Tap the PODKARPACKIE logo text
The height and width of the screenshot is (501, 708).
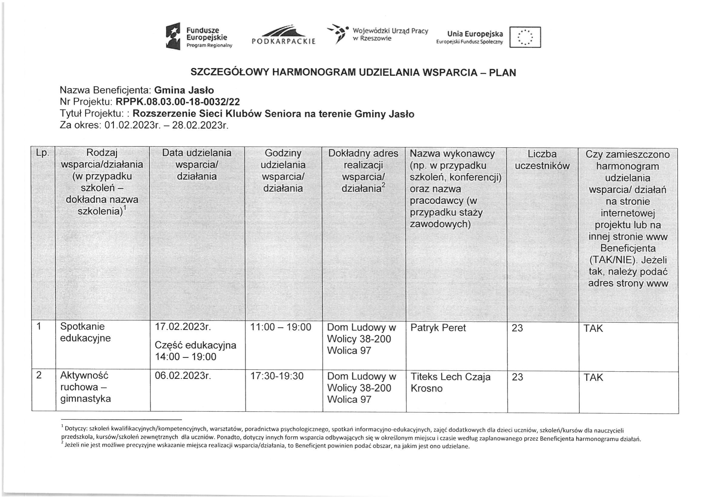click(284, 41)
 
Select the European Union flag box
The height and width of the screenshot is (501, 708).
click(525, 37)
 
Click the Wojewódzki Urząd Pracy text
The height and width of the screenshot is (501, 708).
click(390, 35)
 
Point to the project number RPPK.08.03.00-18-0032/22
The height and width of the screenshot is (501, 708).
click(178, 102)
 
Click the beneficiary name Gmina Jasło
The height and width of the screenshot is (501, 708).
click(184, 90)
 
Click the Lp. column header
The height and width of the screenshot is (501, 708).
click(43, 153)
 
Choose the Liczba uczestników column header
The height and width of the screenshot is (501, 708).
click(542, 160)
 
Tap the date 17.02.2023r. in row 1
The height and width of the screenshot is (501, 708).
click(183, 327)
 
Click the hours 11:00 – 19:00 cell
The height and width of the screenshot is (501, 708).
click(281, 327)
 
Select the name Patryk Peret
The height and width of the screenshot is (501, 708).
click(438, 328)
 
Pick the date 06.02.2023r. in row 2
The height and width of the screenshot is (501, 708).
click(183, 376)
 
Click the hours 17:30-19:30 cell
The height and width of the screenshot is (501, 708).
click(277, 376)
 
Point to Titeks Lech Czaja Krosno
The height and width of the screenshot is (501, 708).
click(450, 382)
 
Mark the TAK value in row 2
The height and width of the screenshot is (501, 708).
click(593, 377)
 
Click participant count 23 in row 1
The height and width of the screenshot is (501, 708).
click(517, 328)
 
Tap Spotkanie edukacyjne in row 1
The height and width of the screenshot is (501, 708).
click(85, 332)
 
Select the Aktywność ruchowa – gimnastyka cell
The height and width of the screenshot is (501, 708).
click(85, 387)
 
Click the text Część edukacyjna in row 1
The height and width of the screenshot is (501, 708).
click(195, 345)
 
